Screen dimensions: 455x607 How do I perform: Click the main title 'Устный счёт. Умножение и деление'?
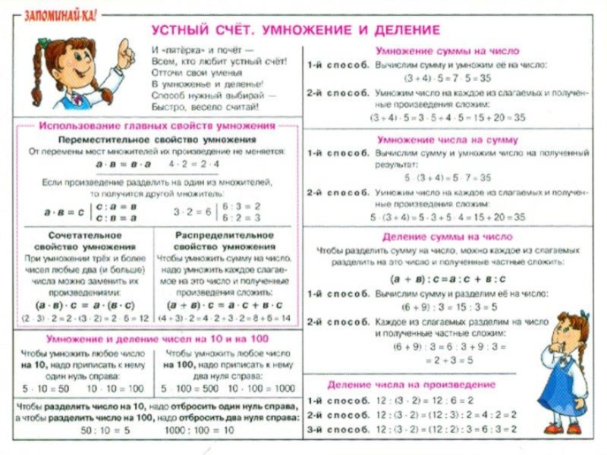pos(296,30)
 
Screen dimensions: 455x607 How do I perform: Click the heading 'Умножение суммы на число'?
pos(448,51)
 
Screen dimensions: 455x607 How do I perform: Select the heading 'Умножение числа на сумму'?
pos(448,140)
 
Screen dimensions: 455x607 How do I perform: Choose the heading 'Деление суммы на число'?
pos(448,237)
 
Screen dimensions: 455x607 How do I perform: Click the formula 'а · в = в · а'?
pos(121,165)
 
